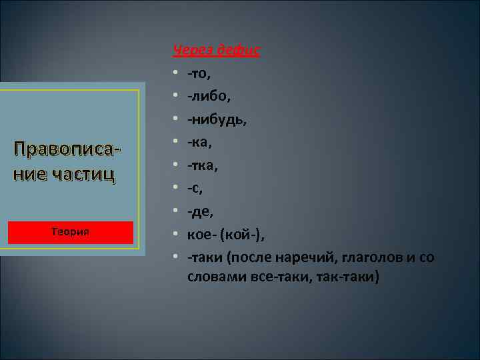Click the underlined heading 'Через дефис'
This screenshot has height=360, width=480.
pyautogui.click(x=216, y=49)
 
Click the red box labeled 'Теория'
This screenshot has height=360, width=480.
pyautogui.click(x=71, y=232)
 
